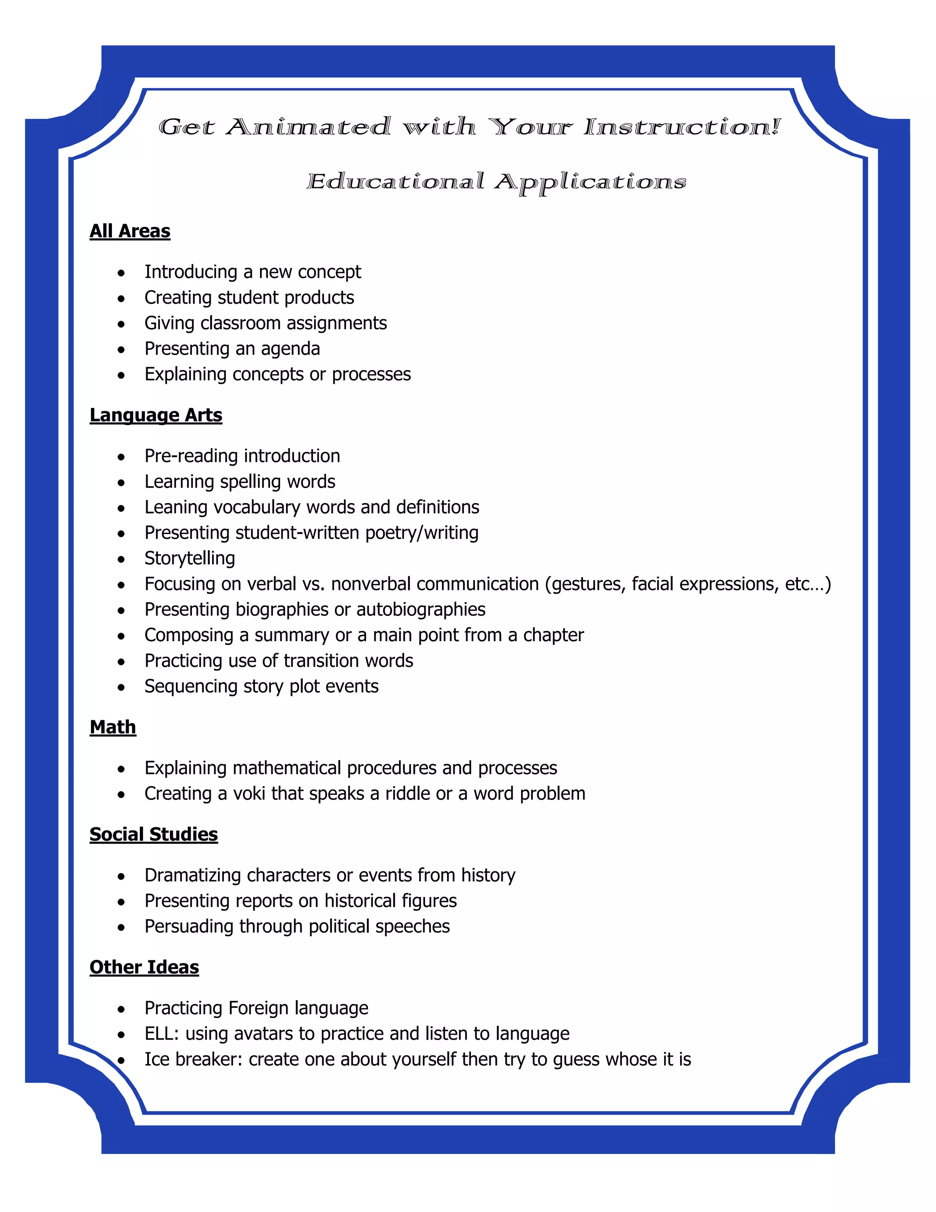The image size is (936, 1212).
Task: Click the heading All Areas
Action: click(x=130, y=231)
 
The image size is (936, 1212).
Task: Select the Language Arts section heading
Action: click(x=156, y=415)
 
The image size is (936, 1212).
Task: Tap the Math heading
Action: click(x=112, y=727)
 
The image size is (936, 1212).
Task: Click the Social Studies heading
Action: click(x=154, y=834)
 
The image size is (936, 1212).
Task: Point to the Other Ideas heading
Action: click(x=144, y=967)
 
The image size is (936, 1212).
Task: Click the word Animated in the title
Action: click(x=308, y=127)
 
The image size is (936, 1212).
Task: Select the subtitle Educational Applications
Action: click(x=496, y=182)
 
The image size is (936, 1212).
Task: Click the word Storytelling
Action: click(x=190, y=558)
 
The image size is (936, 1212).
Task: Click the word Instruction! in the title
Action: click(x=681, y=127)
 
